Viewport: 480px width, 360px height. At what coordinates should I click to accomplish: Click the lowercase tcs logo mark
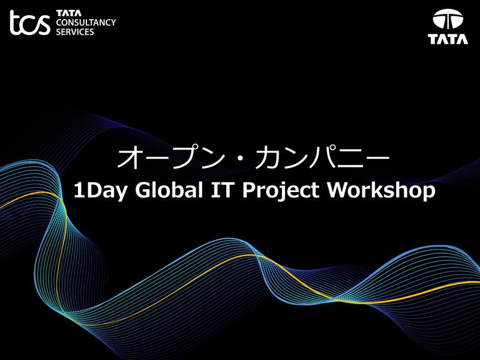(30, 23)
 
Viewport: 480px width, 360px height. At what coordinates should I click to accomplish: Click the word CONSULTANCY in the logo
(86, 22)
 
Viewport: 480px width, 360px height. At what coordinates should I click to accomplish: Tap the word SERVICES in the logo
(75, 32)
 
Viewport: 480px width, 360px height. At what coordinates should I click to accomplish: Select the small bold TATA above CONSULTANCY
(69, 13)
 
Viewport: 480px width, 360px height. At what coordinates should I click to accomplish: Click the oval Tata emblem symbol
(448, 19)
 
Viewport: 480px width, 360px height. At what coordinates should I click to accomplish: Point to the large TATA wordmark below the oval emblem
(448, 39)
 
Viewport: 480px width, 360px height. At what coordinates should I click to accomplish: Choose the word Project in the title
(281, 191)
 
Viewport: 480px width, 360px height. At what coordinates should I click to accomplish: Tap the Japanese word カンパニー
(323, 158)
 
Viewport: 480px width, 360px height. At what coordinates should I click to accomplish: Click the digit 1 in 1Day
(79, 190)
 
